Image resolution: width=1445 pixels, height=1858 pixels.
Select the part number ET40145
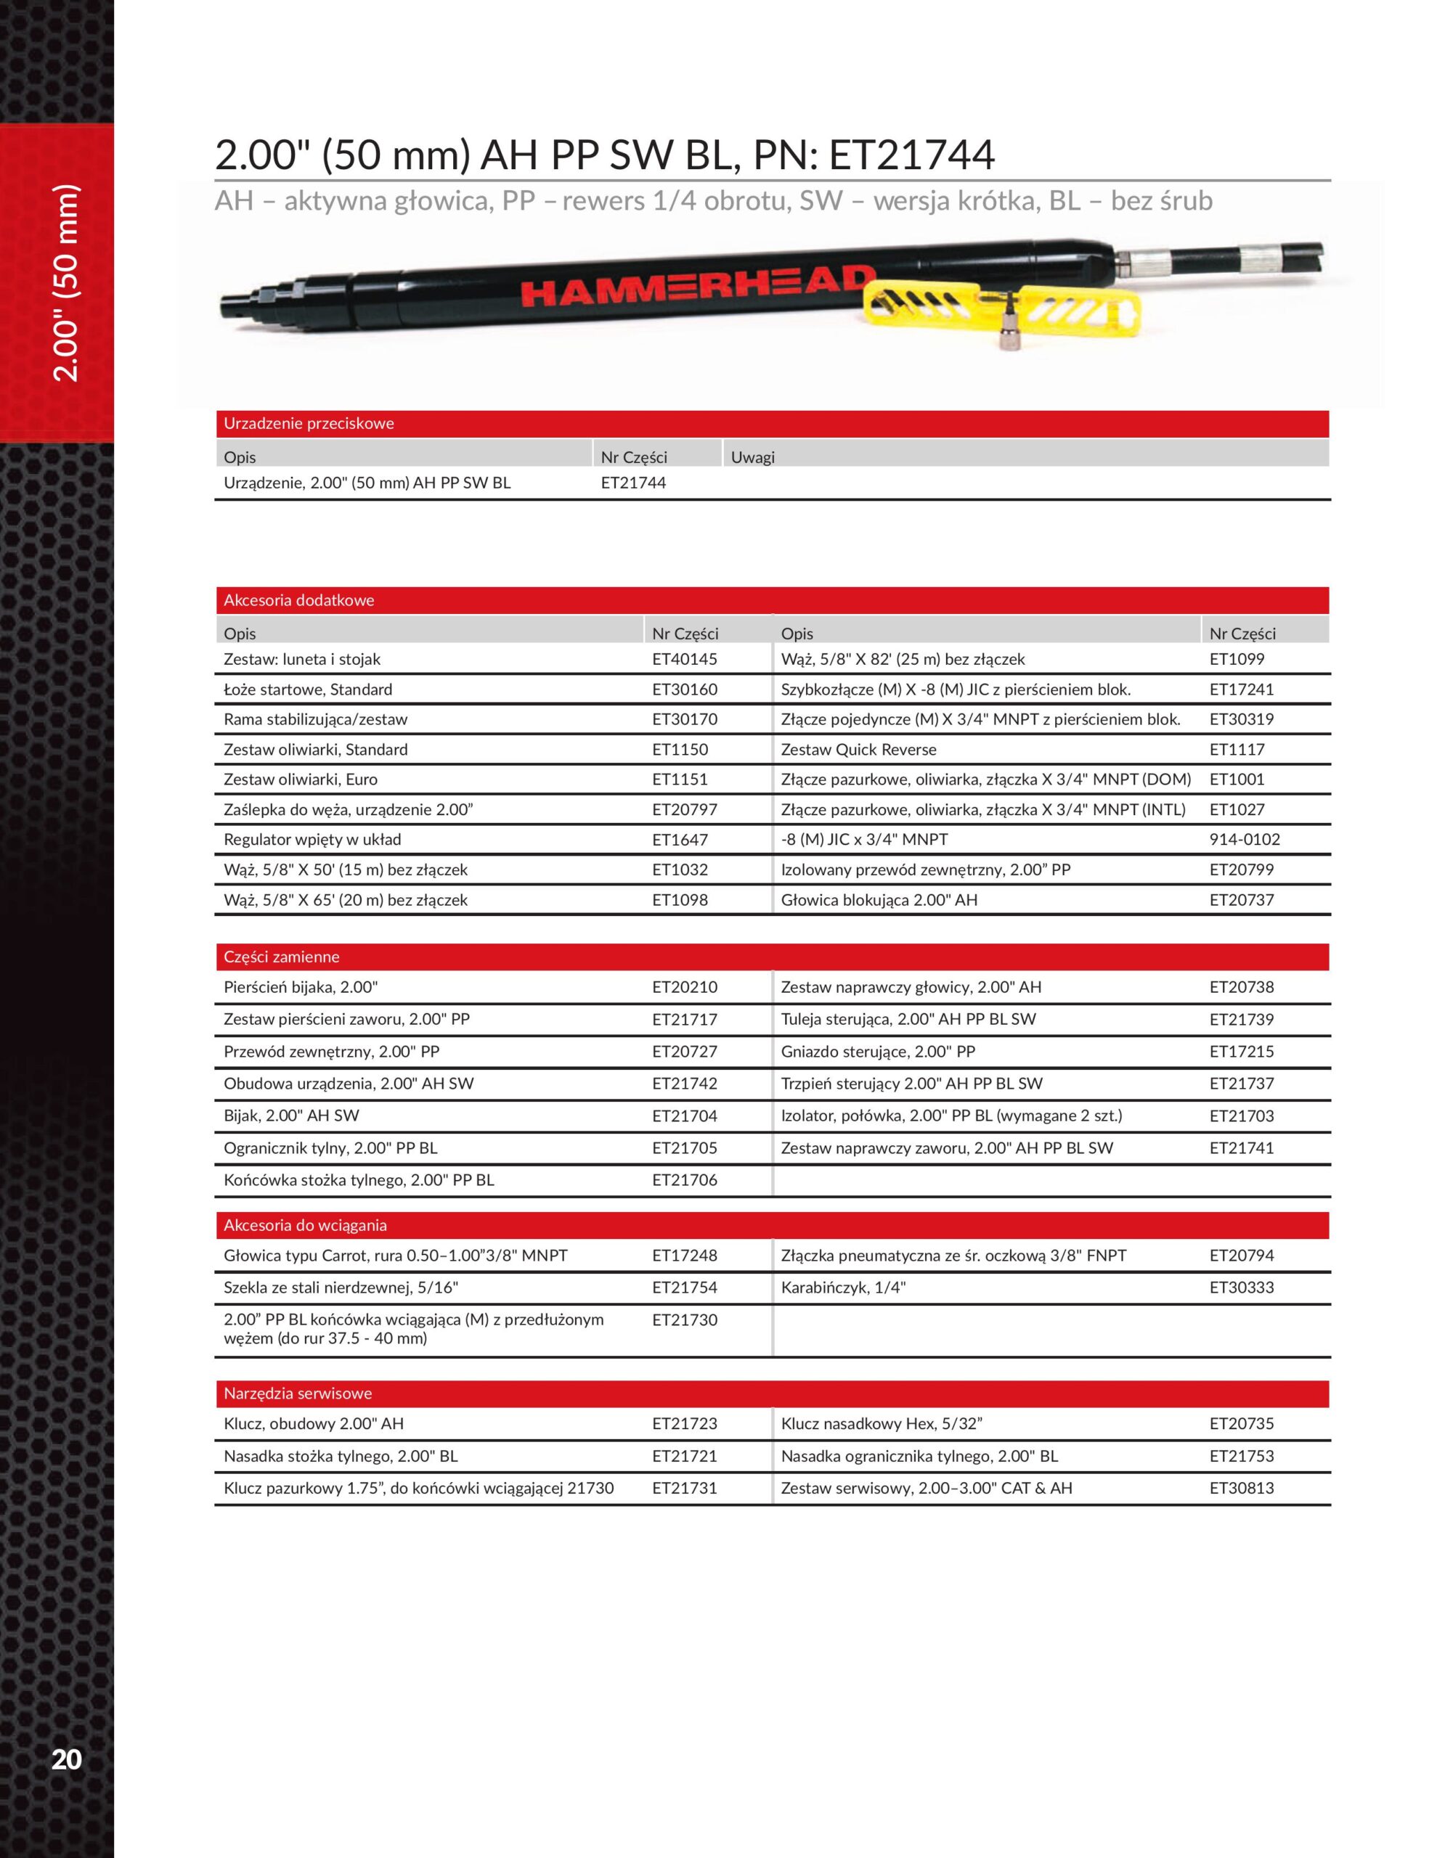(x=684, y=659)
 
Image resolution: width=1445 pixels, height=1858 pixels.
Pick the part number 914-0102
(x=1244, y=840)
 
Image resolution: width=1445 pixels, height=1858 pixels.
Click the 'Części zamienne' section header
(x=281, y=957)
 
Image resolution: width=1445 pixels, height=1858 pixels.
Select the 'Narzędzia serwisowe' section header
(x=297, y=1393)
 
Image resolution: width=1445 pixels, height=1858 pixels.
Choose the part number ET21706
(x=684, y=1180)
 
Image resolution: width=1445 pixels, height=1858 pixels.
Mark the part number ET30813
(x=1242, y=1488)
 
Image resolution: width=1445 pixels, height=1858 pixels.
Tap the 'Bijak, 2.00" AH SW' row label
(x=291, y=1116)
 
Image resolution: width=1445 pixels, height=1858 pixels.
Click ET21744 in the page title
(x=911, y=155)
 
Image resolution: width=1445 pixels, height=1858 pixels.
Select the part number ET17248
(x=684, y=1255)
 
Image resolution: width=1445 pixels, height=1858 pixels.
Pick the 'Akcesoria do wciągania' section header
(x=305, y=1225)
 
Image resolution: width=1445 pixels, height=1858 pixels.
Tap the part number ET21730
(x=684, y=1319)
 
